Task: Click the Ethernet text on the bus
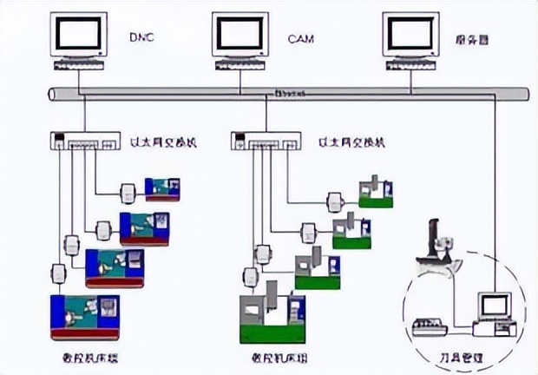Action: (x=290, y=91)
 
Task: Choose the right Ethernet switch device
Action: (x=265, y=141)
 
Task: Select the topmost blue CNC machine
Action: (x=162, y=188)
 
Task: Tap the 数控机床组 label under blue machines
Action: (x=86, y=356)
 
